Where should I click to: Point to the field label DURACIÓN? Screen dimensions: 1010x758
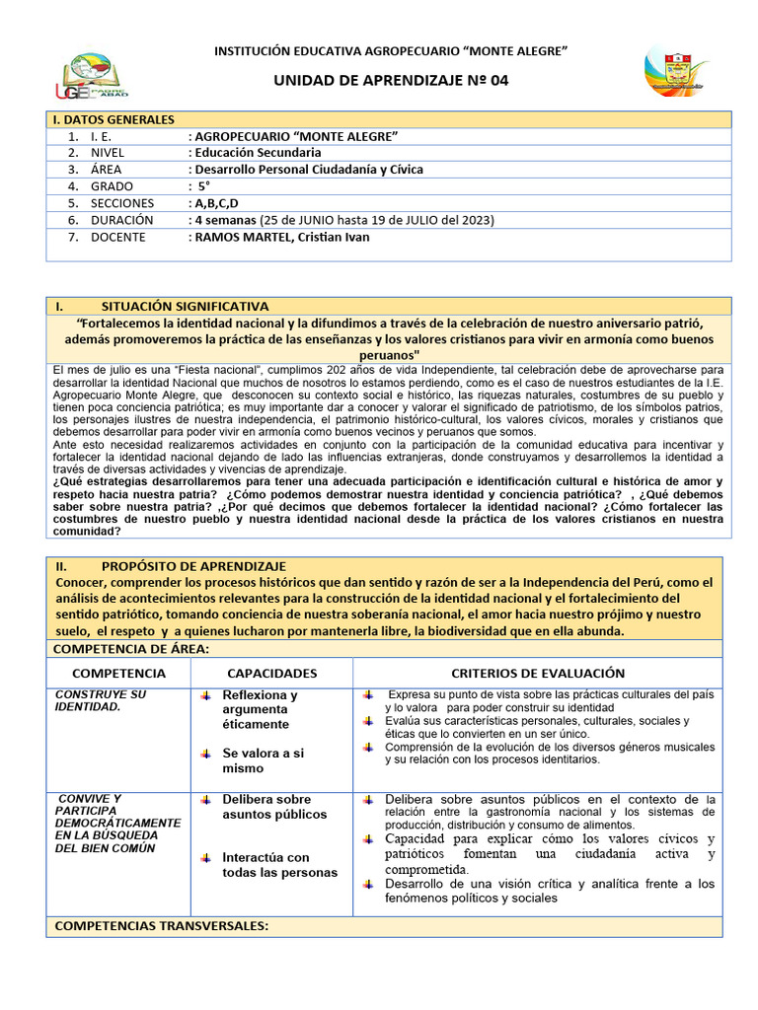122,220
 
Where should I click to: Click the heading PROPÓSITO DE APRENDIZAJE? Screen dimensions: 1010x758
193,566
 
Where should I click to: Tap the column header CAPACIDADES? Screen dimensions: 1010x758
271,673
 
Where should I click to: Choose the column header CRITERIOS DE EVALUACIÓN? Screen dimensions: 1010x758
538,673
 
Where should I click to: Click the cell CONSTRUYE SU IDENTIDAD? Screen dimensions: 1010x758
100,700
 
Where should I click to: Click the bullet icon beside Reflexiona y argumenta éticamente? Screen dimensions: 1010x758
205,695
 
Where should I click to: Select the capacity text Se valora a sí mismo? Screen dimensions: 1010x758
263,760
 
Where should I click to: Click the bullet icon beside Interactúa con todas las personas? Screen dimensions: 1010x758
205,856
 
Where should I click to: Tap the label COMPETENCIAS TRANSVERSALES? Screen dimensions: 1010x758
161,926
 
